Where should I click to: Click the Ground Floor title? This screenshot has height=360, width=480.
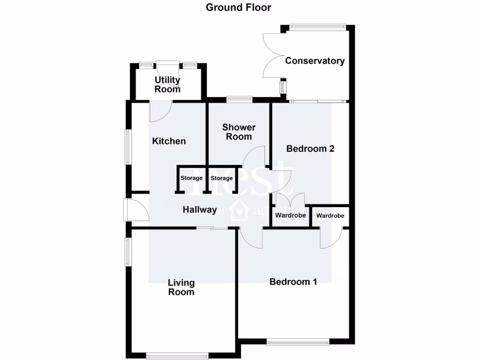point(238,7)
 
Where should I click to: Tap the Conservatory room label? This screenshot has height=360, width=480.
point(315,61)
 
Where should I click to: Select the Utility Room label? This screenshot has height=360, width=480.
point(167,84)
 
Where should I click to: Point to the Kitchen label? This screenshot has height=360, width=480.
point(169,141)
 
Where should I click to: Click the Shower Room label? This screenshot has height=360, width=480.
point(239,132)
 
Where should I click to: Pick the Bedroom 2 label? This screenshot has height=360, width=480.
point(310,149)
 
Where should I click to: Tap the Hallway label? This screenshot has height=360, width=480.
point(199,210)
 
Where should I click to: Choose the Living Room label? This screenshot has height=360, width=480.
point(181,287)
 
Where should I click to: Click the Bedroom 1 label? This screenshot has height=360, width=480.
point(293,282)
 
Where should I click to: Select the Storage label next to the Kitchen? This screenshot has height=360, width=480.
point(191,178)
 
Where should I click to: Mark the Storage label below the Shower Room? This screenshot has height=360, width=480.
point(221,178)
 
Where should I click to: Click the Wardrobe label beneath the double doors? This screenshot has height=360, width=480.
point(290,216)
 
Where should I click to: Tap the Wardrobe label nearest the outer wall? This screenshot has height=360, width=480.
point(330,216)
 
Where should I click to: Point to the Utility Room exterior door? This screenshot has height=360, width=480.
point(168,66)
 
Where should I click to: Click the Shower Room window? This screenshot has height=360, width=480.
point(239,99)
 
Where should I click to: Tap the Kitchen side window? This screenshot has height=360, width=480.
point(127,147)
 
